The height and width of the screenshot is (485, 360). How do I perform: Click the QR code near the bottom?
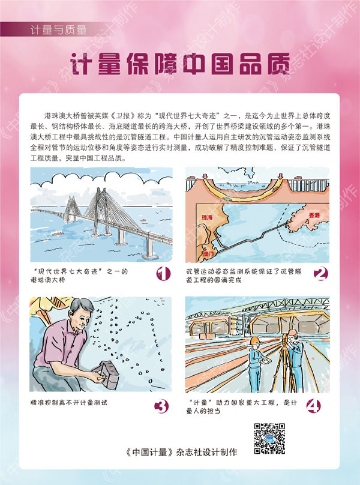tap(269, 439)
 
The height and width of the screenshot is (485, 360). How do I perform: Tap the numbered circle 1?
tap(163, 274)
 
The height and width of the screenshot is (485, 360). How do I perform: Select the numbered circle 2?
tap(321, 274)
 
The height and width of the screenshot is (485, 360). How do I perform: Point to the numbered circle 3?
tap(161, 406)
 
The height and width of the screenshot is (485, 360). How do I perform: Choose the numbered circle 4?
tap(313, 406)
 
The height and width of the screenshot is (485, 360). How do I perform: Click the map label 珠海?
tap(207, 217)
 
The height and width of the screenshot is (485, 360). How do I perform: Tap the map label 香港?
tap(314, 215)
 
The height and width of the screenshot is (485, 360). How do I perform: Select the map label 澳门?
tap(208, 255)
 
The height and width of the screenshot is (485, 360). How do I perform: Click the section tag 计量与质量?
tap(58, 29)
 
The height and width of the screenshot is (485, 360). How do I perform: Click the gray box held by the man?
tap(107, 375)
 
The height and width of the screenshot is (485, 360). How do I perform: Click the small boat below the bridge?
tap(56, 234)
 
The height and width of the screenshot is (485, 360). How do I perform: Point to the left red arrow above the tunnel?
tap(205, 176)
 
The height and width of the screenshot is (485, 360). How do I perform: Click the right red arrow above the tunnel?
tap(280, 176)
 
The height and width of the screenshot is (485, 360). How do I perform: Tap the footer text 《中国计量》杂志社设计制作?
tap(181, 452)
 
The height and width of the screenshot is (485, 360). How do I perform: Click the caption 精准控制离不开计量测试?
tap(68, 402)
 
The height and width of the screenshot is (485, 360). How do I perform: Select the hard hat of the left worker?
tap(254, 340)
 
